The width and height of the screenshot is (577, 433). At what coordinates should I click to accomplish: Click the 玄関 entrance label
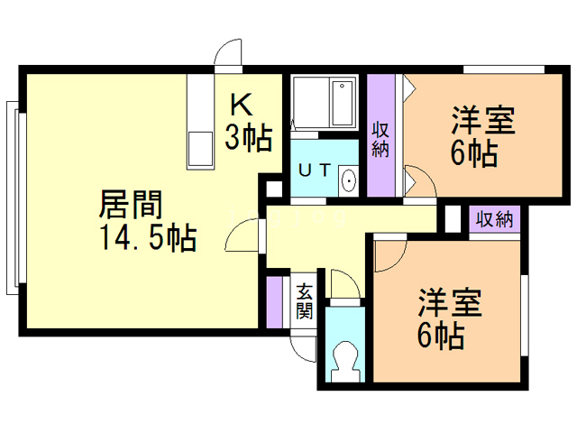(305, 301)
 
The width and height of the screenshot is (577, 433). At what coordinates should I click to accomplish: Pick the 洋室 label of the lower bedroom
(449, 301)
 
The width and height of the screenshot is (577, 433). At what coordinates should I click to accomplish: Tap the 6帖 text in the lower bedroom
(441, 336)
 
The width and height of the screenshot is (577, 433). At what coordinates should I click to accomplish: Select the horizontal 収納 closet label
(494, 218)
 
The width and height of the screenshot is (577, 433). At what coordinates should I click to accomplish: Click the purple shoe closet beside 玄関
(274, 303)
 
